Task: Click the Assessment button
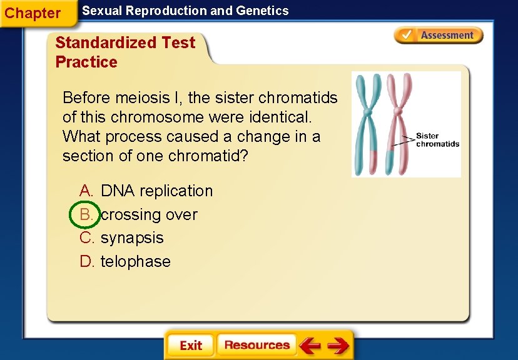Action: tap(439, 36)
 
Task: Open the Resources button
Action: tap(256, 345)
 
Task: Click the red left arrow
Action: tap(310, 345)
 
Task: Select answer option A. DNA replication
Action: tap(156, 191)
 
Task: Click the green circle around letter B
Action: tap(83, 214)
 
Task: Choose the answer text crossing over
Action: tap(149, 214)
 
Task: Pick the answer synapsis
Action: tap(132, 238)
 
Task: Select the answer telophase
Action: tap(135, 261)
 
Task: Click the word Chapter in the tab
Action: tap(33, 13)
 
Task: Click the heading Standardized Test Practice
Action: tap(125, 52)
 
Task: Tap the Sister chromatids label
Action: tap(437, 140)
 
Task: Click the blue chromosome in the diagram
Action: tap(368, 122)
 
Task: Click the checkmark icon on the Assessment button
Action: tap(407, 35)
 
